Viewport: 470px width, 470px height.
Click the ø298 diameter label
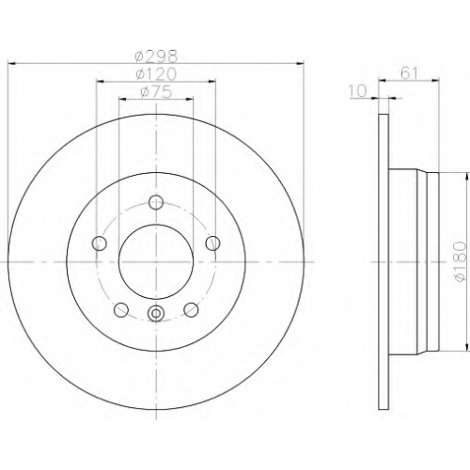click(156, 56)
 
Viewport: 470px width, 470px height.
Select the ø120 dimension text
click(156, 74)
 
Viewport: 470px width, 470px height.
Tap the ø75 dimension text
click(156, 92)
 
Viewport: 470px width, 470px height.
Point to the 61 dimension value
click(409, 74)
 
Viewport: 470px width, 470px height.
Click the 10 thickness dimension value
click(358, 91)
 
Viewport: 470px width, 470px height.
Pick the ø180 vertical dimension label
click(461, 261)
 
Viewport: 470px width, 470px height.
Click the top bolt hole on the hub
click(156, 202)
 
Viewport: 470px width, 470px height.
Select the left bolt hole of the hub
click(100, 243)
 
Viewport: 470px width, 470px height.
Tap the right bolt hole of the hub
click(212, 243)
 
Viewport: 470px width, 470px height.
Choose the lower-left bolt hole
click(121, 310)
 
